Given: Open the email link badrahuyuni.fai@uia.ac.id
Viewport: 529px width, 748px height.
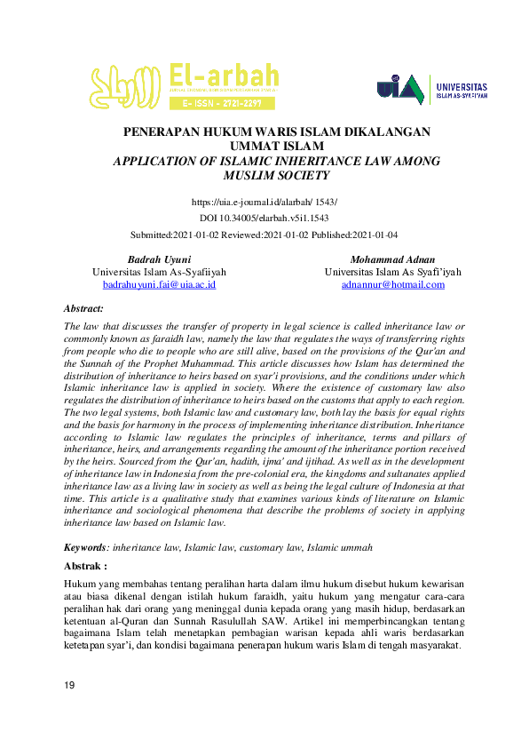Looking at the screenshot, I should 159,284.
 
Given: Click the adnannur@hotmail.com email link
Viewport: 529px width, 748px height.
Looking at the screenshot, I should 392,284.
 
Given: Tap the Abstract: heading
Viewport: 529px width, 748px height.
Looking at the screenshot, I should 83,307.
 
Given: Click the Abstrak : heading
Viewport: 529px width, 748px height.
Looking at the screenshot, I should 85,565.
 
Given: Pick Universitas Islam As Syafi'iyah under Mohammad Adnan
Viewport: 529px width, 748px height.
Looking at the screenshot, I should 392,272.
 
